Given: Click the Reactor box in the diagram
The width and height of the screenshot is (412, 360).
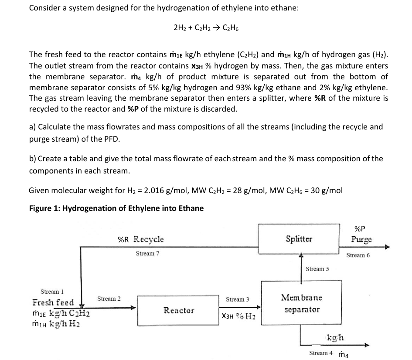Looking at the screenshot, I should [179, 310].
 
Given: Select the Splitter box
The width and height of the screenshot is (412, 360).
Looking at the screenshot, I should [298, 238].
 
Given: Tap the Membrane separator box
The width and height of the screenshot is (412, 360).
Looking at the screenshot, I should [302, 304].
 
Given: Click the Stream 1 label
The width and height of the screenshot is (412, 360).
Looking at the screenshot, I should [51, 291].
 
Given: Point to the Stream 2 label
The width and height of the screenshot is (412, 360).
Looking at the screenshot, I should [109, 299].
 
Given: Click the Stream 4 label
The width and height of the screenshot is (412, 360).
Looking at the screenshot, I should [321, 353].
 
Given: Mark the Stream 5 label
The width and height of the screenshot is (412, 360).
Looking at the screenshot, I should [318, 269].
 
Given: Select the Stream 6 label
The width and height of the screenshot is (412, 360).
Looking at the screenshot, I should [358, 255].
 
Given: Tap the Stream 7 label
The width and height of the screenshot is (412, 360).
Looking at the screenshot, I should [147, 253].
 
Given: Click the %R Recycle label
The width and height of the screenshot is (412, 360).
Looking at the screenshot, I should [141, 239].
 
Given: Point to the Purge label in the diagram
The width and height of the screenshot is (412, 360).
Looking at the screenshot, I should [361, 239].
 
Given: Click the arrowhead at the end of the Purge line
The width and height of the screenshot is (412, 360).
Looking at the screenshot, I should [386, 247].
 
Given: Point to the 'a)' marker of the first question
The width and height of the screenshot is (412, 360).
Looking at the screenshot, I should [33, 127].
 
